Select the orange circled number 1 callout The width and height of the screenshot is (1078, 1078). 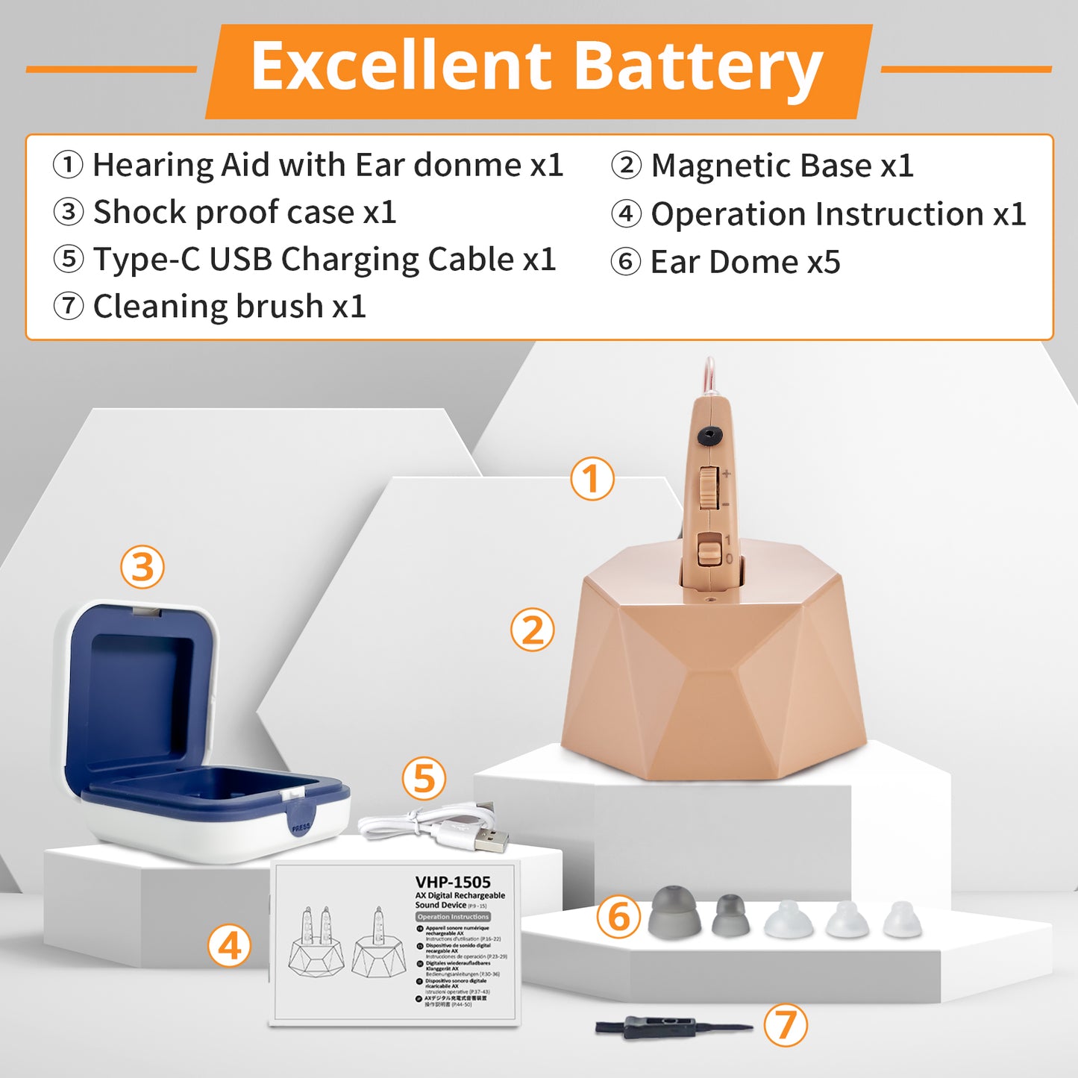[592, 479]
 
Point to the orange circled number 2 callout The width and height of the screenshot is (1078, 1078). [532, 630]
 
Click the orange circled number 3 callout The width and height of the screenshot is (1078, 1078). [142, 567]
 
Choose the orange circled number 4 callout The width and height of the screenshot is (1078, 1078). [229, 947]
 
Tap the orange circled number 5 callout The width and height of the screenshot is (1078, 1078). [424, 780]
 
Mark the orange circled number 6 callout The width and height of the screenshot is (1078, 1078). [618, 917]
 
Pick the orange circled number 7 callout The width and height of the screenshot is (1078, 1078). [786, 1025]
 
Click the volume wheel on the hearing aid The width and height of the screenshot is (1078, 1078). [708, 489]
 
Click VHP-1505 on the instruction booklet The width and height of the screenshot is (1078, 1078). [453, 882]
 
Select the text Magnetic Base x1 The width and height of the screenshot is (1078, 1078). [782, 166]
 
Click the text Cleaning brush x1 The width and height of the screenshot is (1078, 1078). [229, 307]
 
